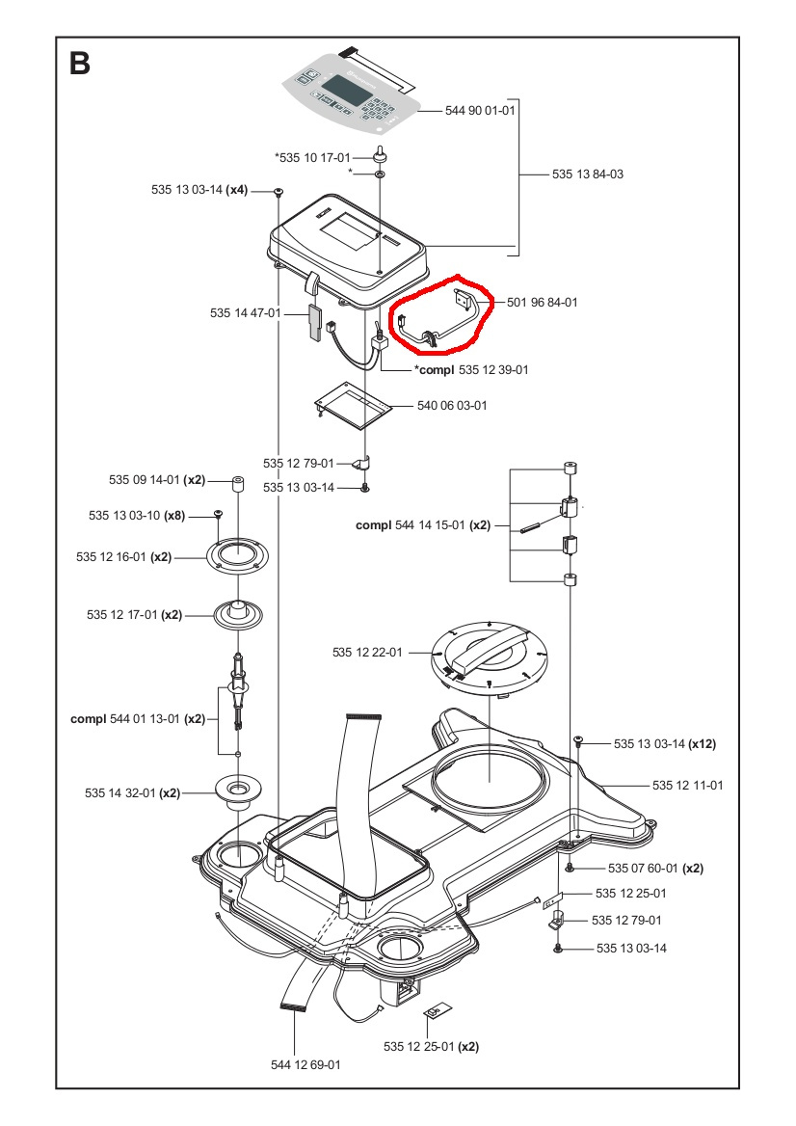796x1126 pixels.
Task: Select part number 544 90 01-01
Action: point(481,112)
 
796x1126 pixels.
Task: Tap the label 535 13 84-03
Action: point(588,174)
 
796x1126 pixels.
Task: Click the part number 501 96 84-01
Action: point(543,302)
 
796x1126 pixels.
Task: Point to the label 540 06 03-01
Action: point(452,406)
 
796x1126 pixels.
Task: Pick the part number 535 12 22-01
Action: point(368,653)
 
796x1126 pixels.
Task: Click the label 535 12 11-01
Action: point(687,785)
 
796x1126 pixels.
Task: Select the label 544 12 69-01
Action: point(305,1064)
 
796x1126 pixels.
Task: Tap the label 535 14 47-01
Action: point(245,313)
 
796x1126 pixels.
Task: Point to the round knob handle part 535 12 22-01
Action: point(491,654)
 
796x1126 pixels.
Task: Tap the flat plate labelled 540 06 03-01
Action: point(354,402)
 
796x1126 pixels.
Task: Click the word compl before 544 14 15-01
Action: point(373,525)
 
